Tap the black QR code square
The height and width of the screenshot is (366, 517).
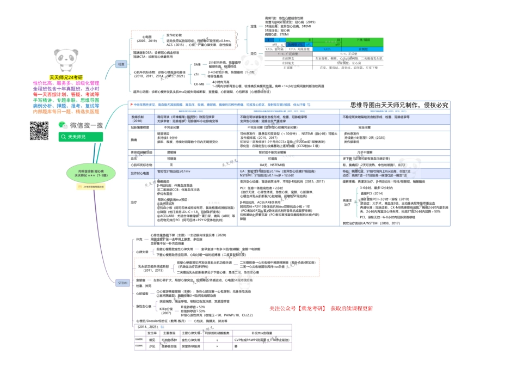[39, 131]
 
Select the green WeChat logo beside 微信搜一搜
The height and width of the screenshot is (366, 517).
[61, 126]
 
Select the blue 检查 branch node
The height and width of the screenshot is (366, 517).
[121, 64]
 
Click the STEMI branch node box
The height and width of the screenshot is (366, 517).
[122, 283]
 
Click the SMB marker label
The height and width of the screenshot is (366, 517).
[197, 64]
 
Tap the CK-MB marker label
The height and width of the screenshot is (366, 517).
[199, 84]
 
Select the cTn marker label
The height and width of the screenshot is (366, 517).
[196, 74]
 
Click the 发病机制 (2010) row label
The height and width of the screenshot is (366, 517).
[137, 118]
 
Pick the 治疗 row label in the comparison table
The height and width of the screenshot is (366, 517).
[134, 202]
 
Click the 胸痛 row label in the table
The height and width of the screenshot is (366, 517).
[134, 139]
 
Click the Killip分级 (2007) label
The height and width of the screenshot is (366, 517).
[165, 311]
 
